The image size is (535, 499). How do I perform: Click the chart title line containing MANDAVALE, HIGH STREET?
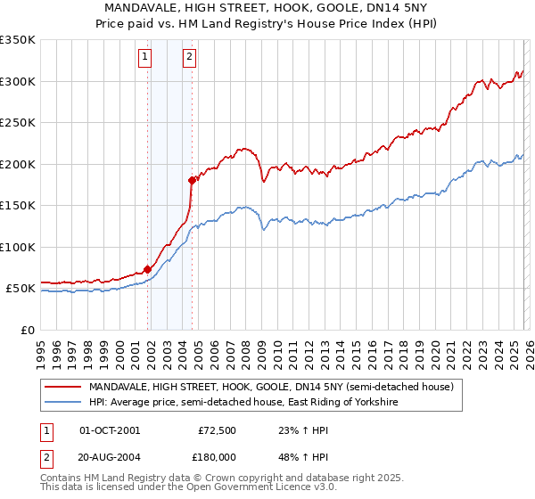267,8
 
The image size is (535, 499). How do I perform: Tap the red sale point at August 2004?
192,180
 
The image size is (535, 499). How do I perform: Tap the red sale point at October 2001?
147,269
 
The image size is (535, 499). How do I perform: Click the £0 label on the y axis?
27,330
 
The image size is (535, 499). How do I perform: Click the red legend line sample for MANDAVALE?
63,388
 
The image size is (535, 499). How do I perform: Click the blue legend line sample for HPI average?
63,403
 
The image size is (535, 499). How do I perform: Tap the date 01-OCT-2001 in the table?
110,430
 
